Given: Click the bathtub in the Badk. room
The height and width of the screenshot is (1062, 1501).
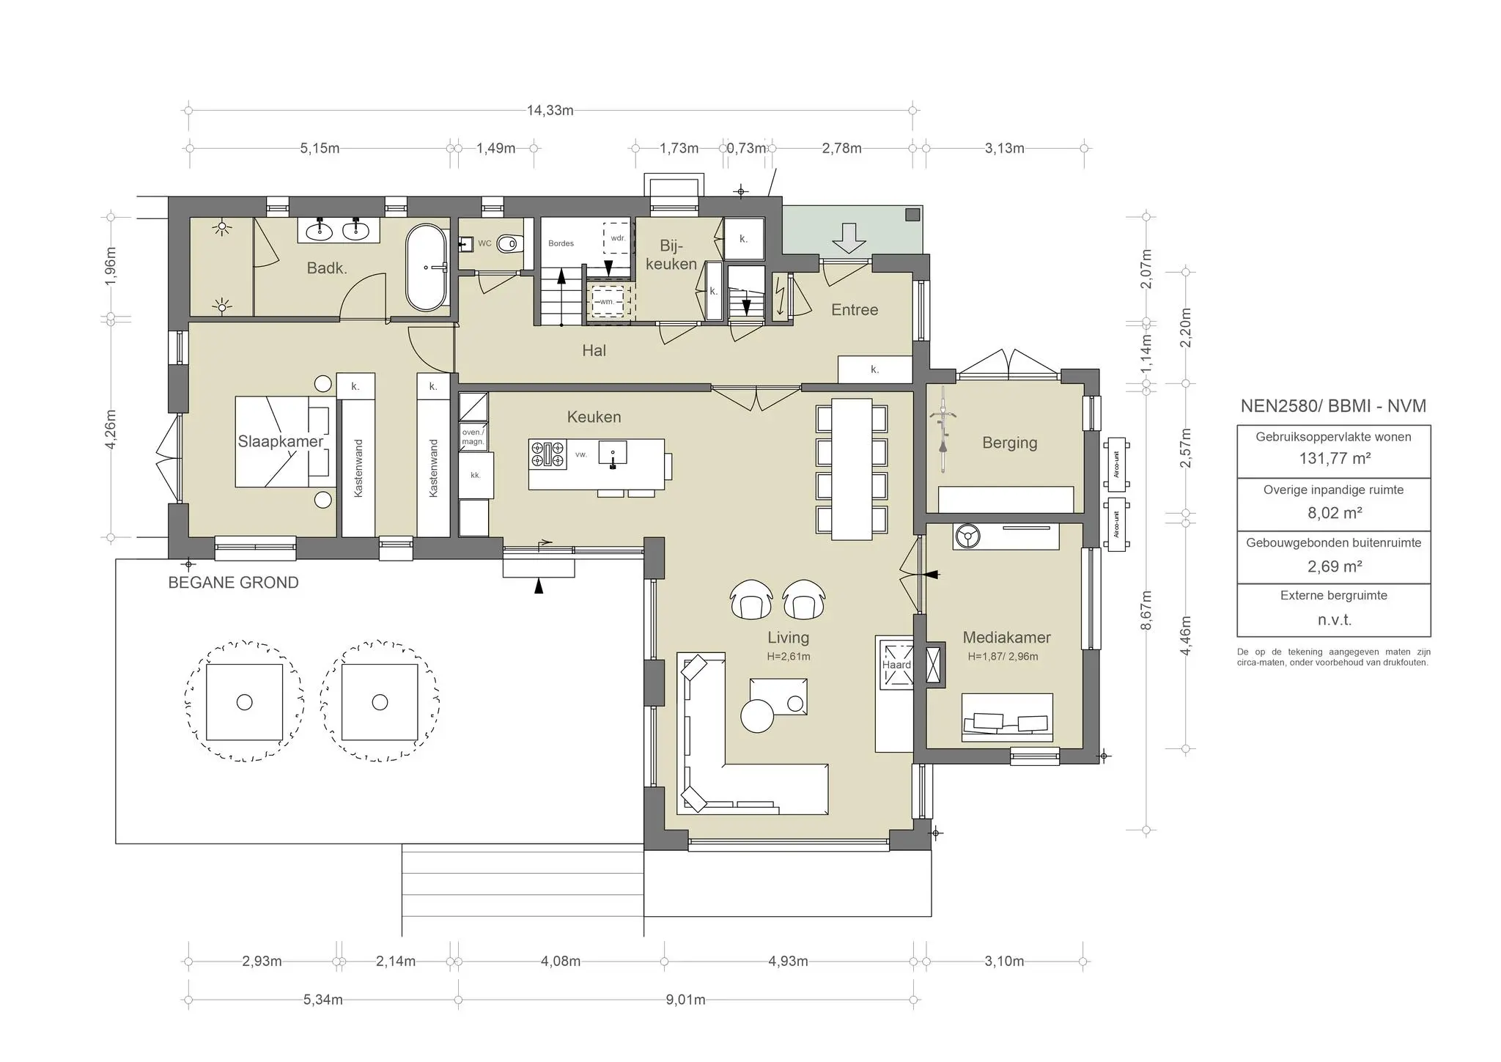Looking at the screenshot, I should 426,268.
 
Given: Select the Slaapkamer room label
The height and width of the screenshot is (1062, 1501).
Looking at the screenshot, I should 280,441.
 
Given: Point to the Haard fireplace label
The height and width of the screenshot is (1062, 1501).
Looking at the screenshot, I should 896,665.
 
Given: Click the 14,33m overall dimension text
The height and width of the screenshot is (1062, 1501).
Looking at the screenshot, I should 550,111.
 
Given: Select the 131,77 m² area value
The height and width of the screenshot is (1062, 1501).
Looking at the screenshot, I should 1334,459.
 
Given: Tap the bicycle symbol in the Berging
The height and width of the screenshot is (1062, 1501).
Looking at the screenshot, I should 943,432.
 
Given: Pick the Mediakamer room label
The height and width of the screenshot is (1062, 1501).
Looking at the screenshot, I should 1006,638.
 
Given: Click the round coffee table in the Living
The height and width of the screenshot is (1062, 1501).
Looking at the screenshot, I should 757,716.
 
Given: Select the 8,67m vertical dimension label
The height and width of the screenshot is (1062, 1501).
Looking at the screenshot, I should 1147,610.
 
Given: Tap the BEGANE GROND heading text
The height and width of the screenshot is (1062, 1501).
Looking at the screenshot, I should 233,583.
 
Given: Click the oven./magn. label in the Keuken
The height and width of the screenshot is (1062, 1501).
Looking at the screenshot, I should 473,437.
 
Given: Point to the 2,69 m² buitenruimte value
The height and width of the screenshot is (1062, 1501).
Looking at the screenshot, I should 1334,567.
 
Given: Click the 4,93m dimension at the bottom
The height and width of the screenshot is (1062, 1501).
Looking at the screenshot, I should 788,962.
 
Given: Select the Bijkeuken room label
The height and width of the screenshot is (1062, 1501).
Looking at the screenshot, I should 671,254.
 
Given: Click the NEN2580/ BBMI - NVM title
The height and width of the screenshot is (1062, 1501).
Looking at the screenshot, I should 1333,406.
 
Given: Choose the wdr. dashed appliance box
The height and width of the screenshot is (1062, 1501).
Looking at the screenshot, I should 617,238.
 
